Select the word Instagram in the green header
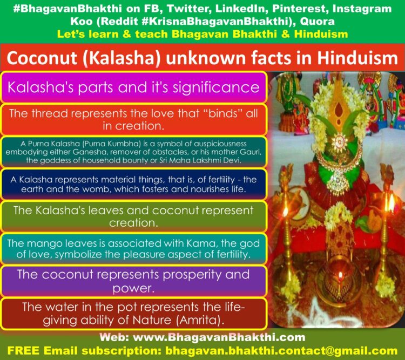click(362, 9)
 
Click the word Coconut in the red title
click(42, 58)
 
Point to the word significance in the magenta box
click(216, 87)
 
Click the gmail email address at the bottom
click(281, 351)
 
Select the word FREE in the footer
click(24, 351)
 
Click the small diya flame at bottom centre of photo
click(340, 276)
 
